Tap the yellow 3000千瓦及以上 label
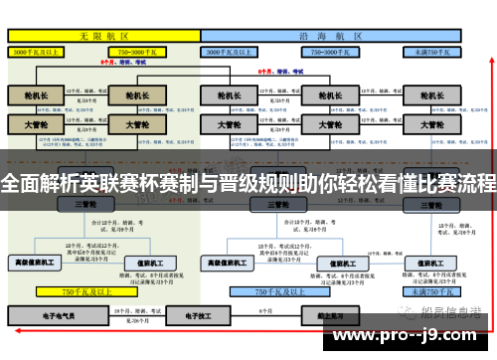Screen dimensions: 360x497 pyautogui.click(x=41, y=49)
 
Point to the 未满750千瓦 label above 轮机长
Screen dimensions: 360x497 pyautogui.click(x=430, y=49)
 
